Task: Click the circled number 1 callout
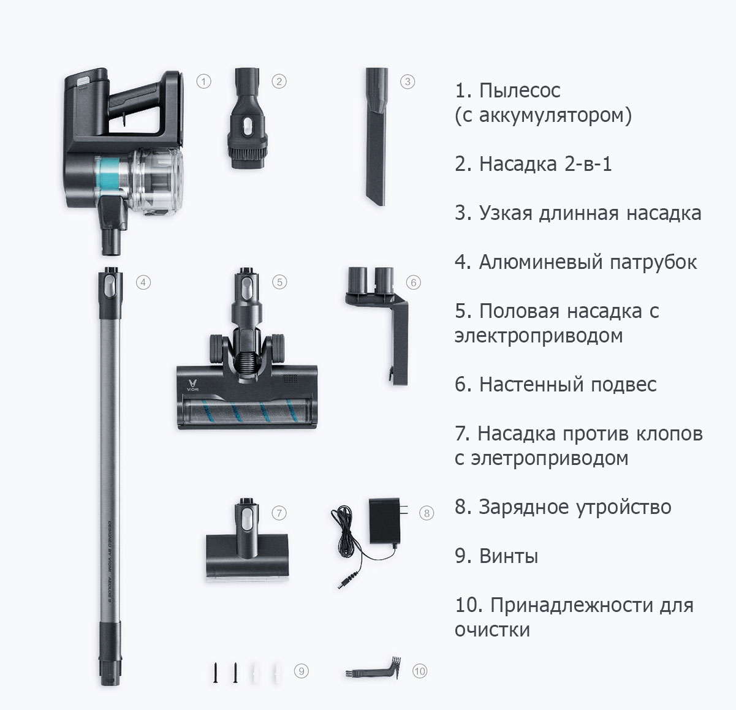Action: click(204, 81)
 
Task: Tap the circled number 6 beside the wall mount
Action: click(413, 282)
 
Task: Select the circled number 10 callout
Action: click(419, 671)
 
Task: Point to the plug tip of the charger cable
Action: click(344, 580)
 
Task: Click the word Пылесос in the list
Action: click(520, 91)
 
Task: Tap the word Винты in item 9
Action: click(508, 556)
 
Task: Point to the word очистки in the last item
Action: click(492, 630)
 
